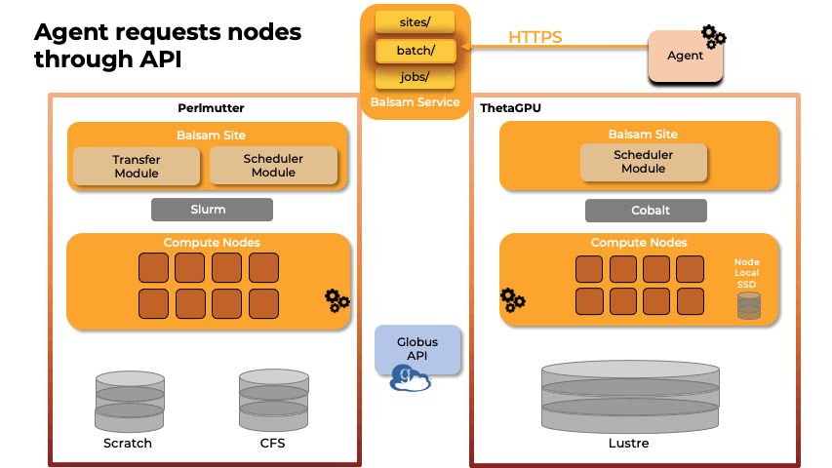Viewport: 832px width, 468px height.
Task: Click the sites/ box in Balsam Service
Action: (x=416, y=19)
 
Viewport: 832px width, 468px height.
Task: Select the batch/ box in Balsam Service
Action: (x=416, y=49)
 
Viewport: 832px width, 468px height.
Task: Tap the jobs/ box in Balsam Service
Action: (x=416, y=77)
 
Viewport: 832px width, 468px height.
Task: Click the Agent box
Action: (x=685, y=56)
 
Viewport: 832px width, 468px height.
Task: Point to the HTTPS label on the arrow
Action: (x=535, y=38)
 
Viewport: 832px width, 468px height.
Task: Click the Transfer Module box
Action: (x=137, y=166)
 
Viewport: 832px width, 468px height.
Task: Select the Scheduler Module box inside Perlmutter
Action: (x=273, y=166)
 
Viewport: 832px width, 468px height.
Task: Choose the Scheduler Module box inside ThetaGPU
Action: (x=644, y=162)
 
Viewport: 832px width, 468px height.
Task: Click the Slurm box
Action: (x=212, y=210)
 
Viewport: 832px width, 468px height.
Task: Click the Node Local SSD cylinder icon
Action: (x=748, y=305)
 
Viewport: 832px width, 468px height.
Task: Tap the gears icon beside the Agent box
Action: (x=715, y=37)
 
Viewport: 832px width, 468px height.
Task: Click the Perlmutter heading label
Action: (x=211, y=108)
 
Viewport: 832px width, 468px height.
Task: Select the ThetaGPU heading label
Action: (x=510, y=108)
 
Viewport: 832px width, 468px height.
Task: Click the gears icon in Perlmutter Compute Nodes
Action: (x=337, y=300)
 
